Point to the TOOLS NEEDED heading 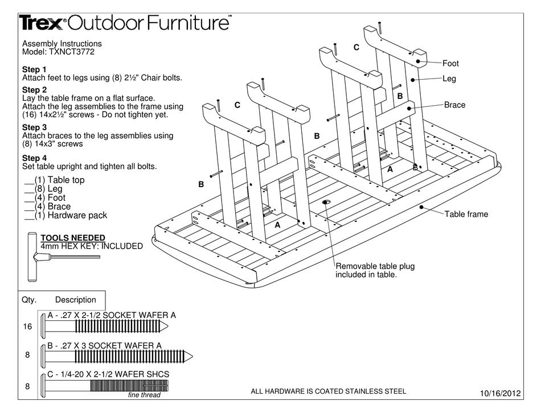tap(72, 238)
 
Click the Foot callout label tap(450, 64)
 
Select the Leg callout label tap(450, 79)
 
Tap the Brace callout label tap(454, 105)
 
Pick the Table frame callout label tap(466, 214)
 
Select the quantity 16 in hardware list tap(26, 328)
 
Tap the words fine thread tap(144, 395)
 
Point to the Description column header tap(76, 300)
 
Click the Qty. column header tap(29, 300)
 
